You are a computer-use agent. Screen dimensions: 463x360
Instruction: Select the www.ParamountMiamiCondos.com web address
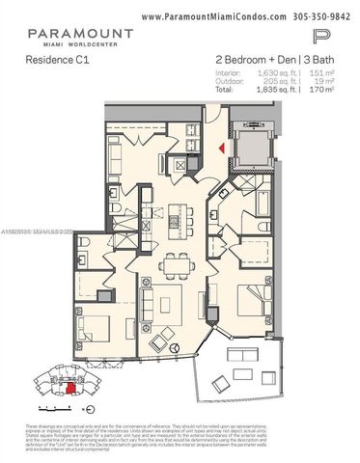(x=208, y=17)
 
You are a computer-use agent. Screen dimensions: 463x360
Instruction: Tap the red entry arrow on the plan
(x=221, y=148)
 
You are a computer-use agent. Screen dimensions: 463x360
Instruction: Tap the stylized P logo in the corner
(x=322, y=38)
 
